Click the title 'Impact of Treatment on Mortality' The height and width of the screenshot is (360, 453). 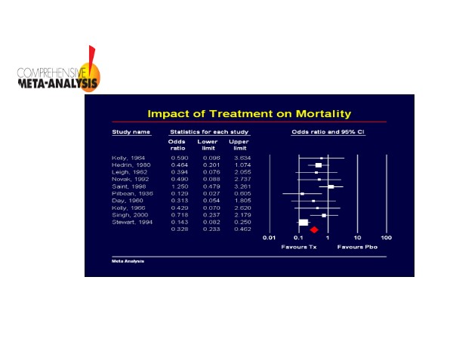[248, 114]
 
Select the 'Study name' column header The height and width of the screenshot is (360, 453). [131, 132]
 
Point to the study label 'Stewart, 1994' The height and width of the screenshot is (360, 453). [128, 222]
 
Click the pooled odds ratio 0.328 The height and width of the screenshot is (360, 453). [178, 229]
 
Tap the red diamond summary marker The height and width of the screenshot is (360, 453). [313, 229]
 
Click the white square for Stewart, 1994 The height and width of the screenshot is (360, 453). [303, 222]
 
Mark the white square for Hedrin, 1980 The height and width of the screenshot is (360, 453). [318, 165]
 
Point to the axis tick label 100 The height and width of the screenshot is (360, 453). [386, 238]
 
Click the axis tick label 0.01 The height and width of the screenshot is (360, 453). [269, 238]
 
